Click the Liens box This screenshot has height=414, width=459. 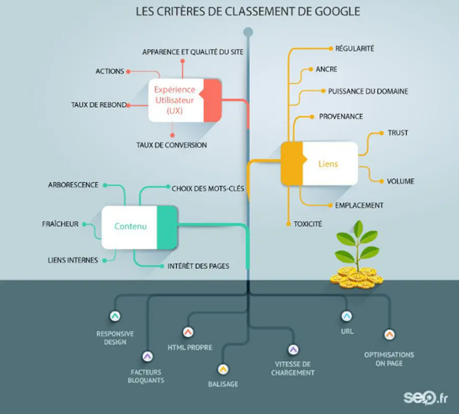[320, 164]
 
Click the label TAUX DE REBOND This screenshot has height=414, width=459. [99, 105]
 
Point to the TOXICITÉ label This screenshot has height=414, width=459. [307, 224]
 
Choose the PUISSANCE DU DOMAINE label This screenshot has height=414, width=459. [368, 91]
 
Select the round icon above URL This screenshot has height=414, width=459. [346, 316]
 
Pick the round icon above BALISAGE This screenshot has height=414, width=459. [223, 369]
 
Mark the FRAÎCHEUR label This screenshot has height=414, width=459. [60, 224]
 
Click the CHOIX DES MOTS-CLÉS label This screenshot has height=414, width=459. [208, 189]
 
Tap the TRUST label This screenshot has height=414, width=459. [398, 133]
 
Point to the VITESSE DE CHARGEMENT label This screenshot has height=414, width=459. [293, 368]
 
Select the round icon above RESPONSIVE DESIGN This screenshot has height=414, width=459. [115, 316]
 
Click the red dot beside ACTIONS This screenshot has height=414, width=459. [128, 71]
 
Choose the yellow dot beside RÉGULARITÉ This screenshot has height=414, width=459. [331, 48]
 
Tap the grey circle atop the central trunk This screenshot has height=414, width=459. [248, 32]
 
